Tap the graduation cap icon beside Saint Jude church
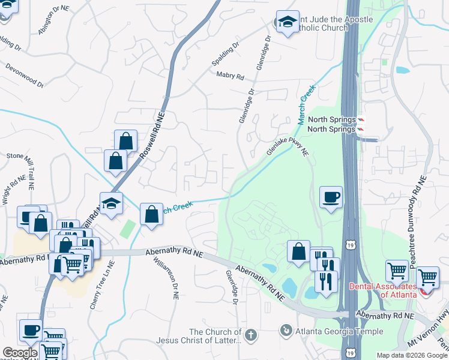coord(288,22)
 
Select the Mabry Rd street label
coord(230,77)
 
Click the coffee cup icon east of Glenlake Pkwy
coord(331,197)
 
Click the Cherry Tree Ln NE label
coord(101,286)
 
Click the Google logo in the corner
coord(20,353)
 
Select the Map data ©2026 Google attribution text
coord(411,355)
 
